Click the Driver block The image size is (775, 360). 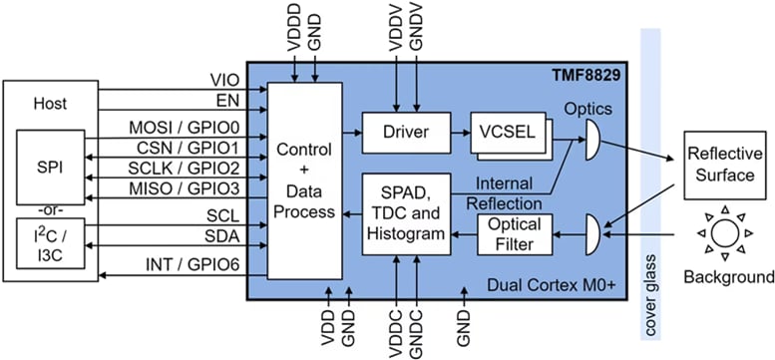[405, 130]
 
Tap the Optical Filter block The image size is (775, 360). [516, 233]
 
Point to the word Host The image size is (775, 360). [50, 103]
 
